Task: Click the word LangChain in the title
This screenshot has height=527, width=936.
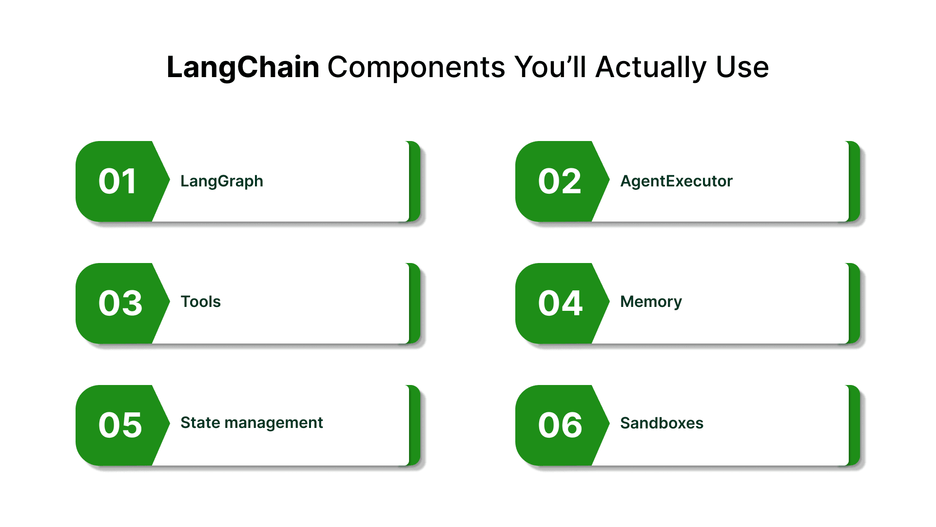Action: click(x=243, y=67)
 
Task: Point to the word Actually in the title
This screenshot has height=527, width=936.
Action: click(x=651, y=67)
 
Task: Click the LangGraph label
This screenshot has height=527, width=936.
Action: click(x=222, y=182)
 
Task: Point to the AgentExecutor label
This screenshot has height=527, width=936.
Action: click(x=676, y=181)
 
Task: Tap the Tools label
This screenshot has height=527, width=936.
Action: click(x=201, y=302)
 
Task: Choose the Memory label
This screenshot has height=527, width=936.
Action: click(x=651, y=302)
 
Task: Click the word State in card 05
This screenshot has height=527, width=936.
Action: click(x=200, y=423)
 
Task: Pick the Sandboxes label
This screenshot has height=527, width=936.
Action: click(x=662, y=423)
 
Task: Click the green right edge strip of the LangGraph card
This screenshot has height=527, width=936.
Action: click(x=414, y=182)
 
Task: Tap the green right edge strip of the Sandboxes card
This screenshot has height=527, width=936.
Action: click(x=854, y=426)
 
